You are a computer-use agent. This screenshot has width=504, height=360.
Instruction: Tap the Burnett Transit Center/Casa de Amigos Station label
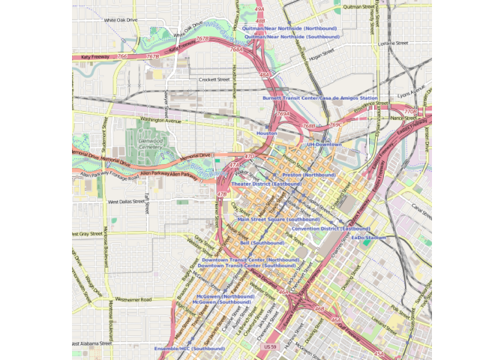point(320,98)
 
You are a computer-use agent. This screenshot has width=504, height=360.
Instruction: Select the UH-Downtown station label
point(324,144)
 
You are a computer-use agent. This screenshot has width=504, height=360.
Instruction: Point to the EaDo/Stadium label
point(369,237)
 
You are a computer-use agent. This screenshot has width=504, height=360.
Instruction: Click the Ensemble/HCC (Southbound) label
point(189,349)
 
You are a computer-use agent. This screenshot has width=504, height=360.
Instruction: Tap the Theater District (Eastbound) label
point(266,184)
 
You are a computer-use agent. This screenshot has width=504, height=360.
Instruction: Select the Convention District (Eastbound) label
point(331,228)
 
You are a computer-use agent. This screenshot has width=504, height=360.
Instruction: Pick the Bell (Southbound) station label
point(262,243)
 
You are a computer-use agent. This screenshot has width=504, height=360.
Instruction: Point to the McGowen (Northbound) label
point(226,296)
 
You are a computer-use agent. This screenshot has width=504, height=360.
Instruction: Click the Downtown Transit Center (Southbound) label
point(247,265)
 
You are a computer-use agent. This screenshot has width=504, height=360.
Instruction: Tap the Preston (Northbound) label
point(309,175)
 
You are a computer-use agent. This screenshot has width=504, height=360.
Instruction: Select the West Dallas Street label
point(126,202)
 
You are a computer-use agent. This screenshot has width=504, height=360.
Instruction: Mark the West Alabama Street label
point(93,343)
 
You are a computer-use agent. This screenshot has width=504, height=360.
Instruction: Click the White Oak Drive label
point(121,20)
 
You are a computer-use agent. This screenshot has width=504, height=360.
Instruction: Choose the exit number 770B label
point(409,112)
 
